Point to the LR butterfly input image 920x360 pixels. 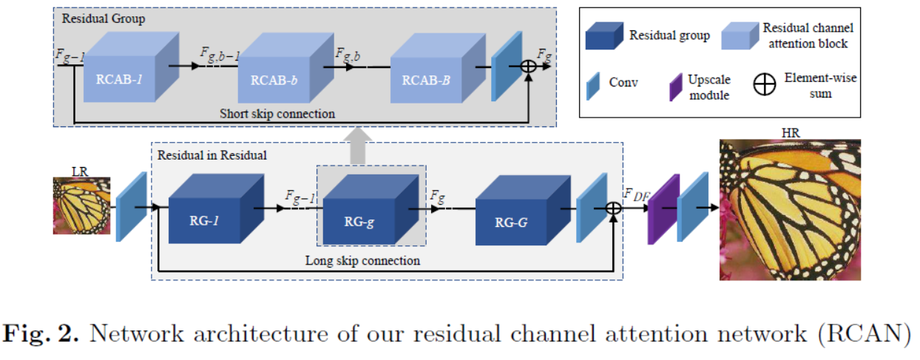point(81,206)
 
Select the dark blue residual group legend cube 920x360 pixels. point(603,35)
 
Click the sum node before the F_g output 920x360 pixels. point(528,66)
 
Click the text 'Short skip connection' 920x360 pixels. point(277,114)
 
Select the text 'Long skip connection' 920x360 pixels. point(362,260)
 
